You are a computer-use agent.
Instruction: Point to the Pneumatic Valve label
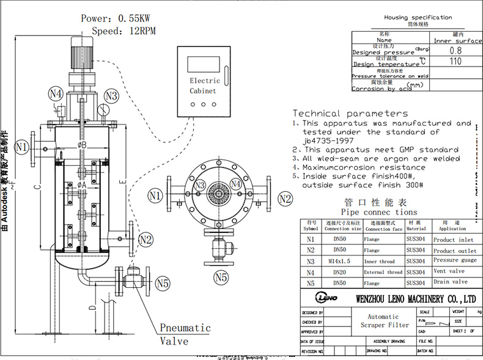coord(185,334)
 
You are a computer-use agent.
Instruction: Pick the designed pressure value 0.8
coord(455,51)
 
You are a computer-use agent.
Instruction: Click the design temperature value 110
coord(455,62)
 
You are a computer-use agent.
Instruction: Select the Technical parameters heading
coord(350,113)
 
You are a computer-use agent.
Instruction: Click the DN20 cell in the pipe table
coord(334,272)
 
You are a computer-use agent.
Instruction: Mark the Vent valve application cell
coord(449,271)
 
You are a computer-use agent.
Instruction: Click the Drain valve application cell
coord(450,282)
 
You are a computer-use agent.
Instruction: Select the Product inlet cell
coord(454,240)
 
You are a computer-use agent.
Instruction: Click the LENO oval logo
coord(322,299)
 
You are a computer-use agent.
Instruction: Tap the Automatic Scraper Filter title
coord(383,321)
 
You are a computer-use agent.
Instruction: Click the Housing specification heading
coord(418,18)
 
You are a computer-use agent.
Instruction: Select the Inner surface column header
coord(458,41)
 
